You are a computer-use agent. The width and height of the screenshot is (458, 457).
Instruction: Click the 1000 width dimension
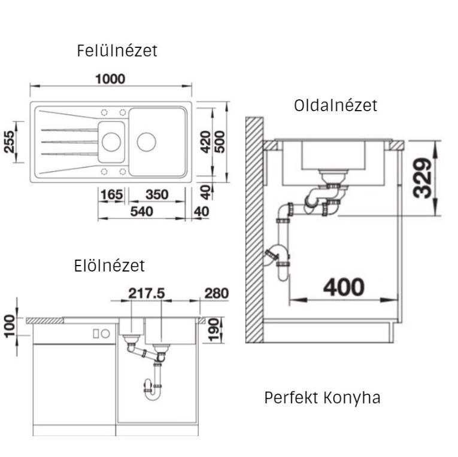[110, 79]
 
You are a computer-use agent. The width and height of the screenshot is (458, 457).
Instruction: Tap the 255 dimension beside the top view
[9, 142]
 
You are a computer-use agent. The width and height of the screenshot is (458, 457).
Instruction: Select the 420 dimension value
[205, 142]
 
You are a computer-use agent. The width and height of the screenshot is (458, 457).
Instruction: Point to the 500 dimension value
[220, 142]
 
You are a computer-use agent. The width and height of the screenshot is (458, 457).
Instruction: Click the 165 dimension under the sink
[111, 194]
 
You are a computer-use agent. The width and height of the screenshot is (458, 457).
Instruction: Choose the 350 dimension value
[157, 194]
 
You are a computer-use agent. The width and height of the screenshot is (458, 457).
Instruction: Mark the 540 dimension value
[141, 212]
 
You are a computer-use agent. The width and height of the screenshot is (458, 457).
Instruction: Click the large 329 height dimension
[422, 178]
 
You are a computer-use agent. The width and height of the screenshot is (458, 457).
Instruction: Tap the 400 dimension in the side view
[344, 287]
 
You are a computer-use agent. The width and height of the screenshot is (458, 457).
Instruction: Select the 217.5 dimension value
[147, 293]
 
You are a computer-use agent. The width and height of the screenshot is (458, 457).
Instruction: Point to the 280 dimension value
[217, 293]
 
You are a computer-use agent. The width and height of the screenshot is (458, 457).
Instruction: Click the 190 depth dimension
[214, 330]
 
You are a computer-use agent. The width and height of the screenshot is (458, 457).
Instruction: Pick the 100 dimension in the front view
[10, 326]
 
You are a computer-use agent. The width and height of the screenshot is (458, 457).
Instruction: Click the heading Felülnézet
[117, 50]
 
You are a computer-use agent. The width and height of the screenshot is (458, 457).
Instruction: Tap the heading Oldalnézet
[336, 105]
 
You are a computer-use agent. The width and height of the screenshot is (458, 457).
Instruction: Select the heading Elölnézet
[109, 266]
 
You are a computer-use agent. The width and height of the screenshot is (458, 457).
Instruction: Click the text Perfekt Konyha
[323, 397]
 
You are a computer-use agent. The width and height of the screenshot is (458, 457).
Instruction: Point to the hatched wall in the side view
[254, 230]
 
